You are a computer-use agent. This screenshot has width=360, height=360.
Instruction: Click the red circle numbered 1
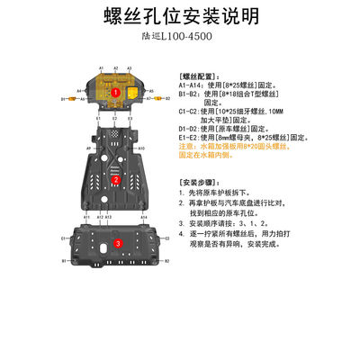115,91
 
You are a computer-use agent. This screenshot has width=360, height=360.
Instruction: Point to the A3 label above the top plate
130,67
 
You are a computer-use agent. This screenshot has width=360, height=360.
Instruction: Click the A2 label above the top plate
116,67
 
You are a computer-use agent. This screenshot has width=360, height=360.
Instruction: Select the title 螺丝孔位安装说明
179,15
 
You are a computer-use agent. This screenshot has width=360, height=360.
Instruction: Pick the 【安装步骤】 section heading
200,180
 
